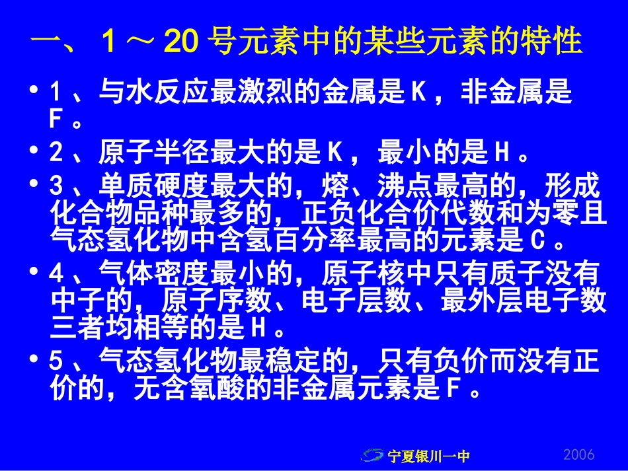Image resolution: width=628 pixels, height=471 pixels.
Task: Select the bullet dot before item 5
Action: tap(34, 361)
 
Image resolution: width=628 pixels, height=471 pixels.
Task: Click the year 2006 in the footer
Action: tap(579, 454)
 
